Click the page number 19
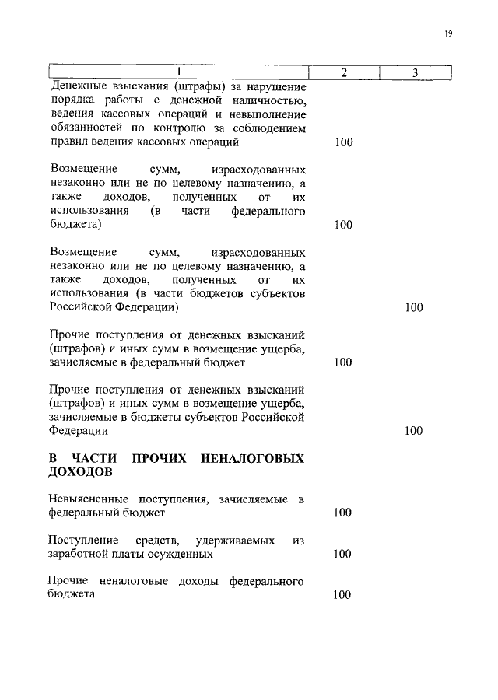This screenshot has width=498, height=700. tap(448, 33)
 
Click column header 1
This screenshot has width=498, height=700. tap(178, 72)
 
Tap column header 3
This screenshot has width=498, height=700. tap(416, 72)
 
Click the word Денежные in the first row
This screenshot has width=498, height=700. tap(78, 86)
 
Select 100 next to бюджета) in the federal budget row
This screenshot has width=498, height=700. tap(343, 225)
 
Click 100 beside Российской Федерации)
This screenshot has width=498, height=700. tap(414, 307)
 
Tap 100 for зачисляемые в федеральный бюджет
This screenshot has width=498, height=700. tap(343, 362)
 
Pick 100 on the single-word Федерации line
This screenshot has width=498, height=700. tap(414, 431)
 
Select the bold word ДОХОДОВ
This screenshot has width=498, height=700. tap(80, 473)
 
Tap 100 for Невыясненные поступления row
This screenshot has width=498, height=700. tap(343, 513)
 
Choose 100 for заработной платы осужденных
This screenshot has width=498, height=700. tap(343, 555)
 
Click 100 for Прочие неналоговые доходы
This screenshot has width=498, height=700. tap(343, 595)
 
